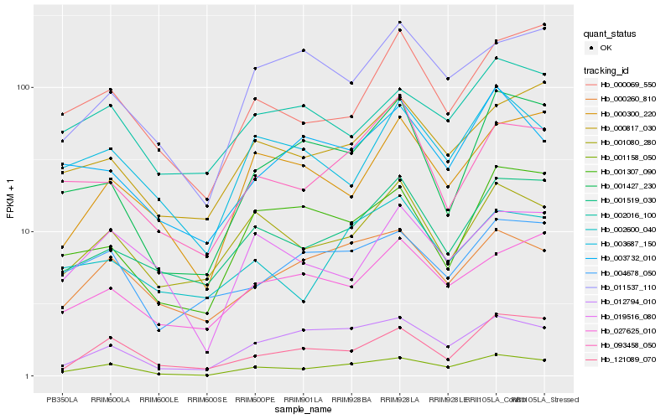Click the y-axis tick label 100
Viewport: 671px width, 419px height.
(x=23, y=87)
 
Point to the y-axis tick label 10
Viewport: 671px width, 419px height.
(x=25, y=231)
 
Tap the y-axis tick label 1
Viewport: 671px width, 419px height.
(x=28, y=375)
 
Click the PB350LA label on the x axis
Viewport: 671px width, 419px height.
(x=61, y=399)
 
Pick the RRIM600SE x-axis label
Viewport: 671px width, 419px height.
(x=206, y=399)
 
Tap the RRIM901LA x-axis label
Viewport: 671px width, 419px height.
(x=303, y=399)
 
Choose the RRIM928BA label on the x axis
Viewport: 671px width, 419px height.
(x=351, y=399)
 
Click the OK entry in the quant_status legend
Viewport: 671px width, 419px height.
(x=606, y=48)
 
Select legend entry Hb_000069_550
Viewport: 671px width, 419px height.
(x=625, y=85)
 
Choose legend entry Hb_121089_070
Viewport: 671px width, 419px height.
(x=625, y=359)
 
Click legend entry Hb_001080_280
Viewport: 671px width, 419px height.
(x=625, y=142)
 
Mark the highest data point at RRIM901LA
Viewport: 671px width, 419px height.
(x=303, y=50)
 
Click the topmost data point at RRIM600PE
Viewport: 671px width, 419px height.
(x=255, y=68)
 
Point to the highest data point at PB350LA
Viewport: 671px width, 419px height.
(x=62, y=114)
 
